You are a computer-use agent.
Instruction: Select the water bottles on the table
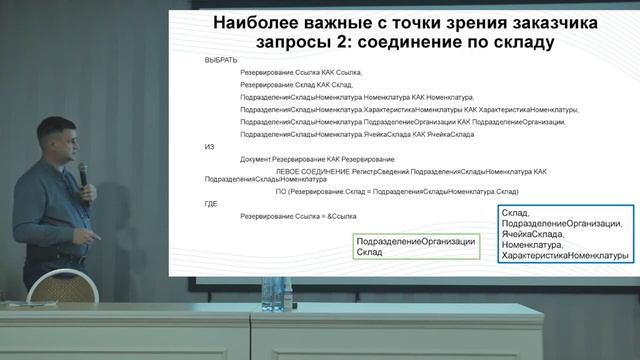pyautogui.click(x=272, y=291)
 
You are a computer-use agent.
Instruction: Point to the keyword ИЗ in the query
pyautogui.click(x=209, y=146)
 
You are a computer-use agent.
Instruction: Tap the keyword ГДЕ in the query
pyautogui.click(x=211, y=204)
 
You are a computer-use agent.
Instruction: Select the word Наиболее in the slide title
pyautogui.click(x=257, y=22)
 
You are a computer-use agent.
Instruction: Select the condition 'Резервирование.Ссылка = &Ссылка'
pyautogui.click(x=298, y=217)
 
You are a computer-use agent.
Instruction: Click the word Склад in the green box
pyautogui.click(x=369, y=254)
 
